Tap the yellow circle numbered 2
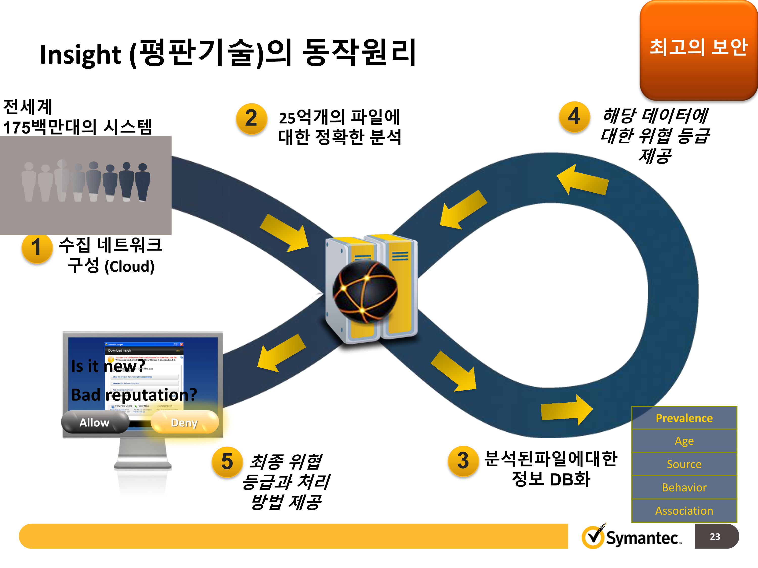click(x=251, y=118)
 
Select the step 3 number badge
click(x=463, y=461)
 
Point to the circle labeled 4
click(x=574, y=116)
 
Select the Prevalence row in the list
click(x=684, y=418)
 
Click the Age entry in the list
click(x=684, y=441)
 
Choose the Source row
click(x=684, y=464)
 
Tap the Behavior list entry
click(x=684, y=487)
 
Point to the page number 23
click(x=715, y=536)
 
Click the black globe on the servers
click(x=366, y=291)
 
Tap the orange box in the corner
click(x=698, y=50)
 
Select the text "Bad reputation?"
click(x=134, y=395)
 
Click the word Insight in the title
click(x=80, y=55)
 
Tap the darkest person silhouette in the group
click(x=143, y=182)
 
